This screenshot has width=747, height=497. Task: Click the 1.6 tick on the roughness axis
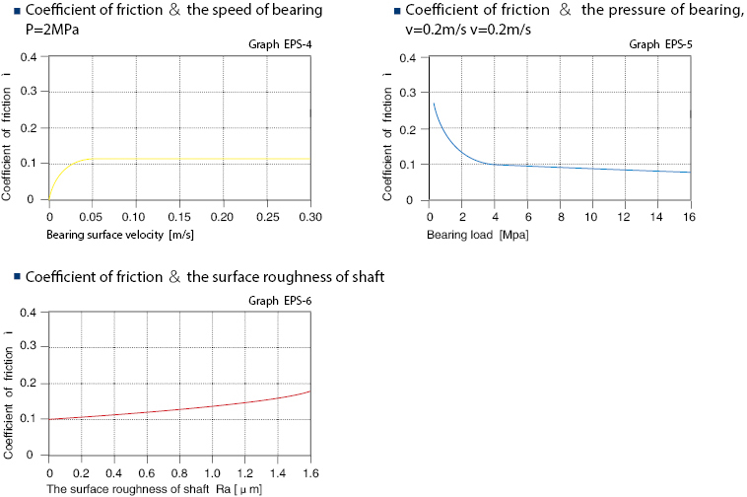[x=309, y=471]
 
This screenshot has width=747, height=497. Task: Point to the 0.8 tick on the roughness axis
[x=179, y=471]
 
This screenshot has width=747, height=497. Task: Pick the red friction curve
[x=197, y=406]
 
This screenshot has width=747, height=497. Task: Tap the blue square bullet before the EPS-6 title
[x=7, y=276]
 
